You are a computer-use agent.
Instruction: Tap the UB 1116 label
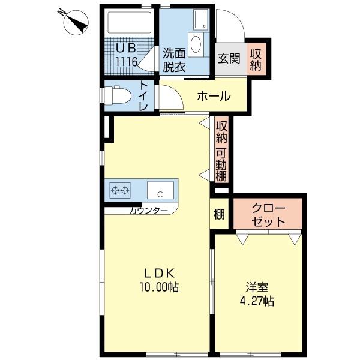coord(127,55)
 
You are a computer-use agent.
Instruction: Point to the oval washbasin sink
coord(196,44)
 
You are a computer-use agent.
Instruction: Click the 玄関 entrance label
coord(228,58)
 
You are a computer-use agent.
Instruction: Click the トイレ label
coord(144,96)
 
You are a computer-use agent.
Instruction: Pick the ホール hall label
coord(213,96)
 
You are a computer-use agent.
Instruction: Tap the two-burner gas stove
coord(120,191)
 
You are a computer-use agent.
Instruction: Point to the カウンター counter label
coord(148,211)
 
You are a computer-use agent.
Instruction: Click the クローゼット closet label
coord(268,214)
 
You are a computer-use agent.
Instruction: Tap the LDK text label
coord(157,274)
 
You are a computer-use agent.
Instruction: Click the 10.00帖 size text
coord(158,287)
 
